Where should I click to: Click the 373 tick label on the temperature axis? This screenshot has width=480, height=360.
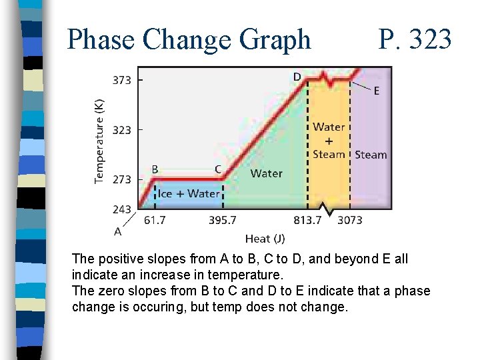[121, 80]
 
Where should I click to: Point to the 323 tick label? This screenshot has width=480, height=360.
[121, 130]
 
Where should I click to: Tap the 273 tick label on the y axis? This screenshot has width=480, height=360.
[121, 179]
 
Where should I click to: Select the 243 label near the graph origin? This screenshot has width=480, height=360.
[121, 209]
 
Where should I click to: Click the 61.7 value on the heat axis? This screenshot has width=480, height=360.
[155, 220]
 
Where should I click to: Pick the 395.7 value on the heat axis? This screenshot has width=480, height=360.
[222, 220]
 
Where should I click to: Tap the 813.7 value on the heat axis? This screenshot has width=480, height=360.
[307, 220]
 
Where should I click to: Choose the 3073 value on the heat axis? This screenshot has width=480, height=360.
[349, 220]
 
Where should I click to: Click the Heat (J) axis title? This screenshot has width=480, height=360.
[265, 238]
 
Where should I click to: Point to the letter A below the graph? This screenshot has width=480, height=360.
[118, 231]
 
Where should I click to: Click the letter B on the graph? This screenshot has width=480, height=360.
[155, 169]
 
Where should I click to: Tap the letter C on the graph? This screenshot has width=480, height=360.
[217, 169]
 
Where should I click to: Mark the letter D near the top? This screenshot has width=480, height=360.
[297, 77]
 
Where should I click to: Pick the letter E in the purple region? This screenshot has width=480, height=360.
[377, 91]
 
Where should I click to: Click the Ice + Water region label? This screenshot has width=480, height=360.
[189, 193]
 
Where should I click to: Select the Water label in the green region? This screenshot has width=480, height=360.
[266, 173]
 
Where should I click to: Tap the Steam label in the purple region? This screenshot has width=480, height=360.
[371, 155]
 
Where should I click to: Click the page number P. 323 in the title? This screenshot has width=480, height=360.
[415, 40]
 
